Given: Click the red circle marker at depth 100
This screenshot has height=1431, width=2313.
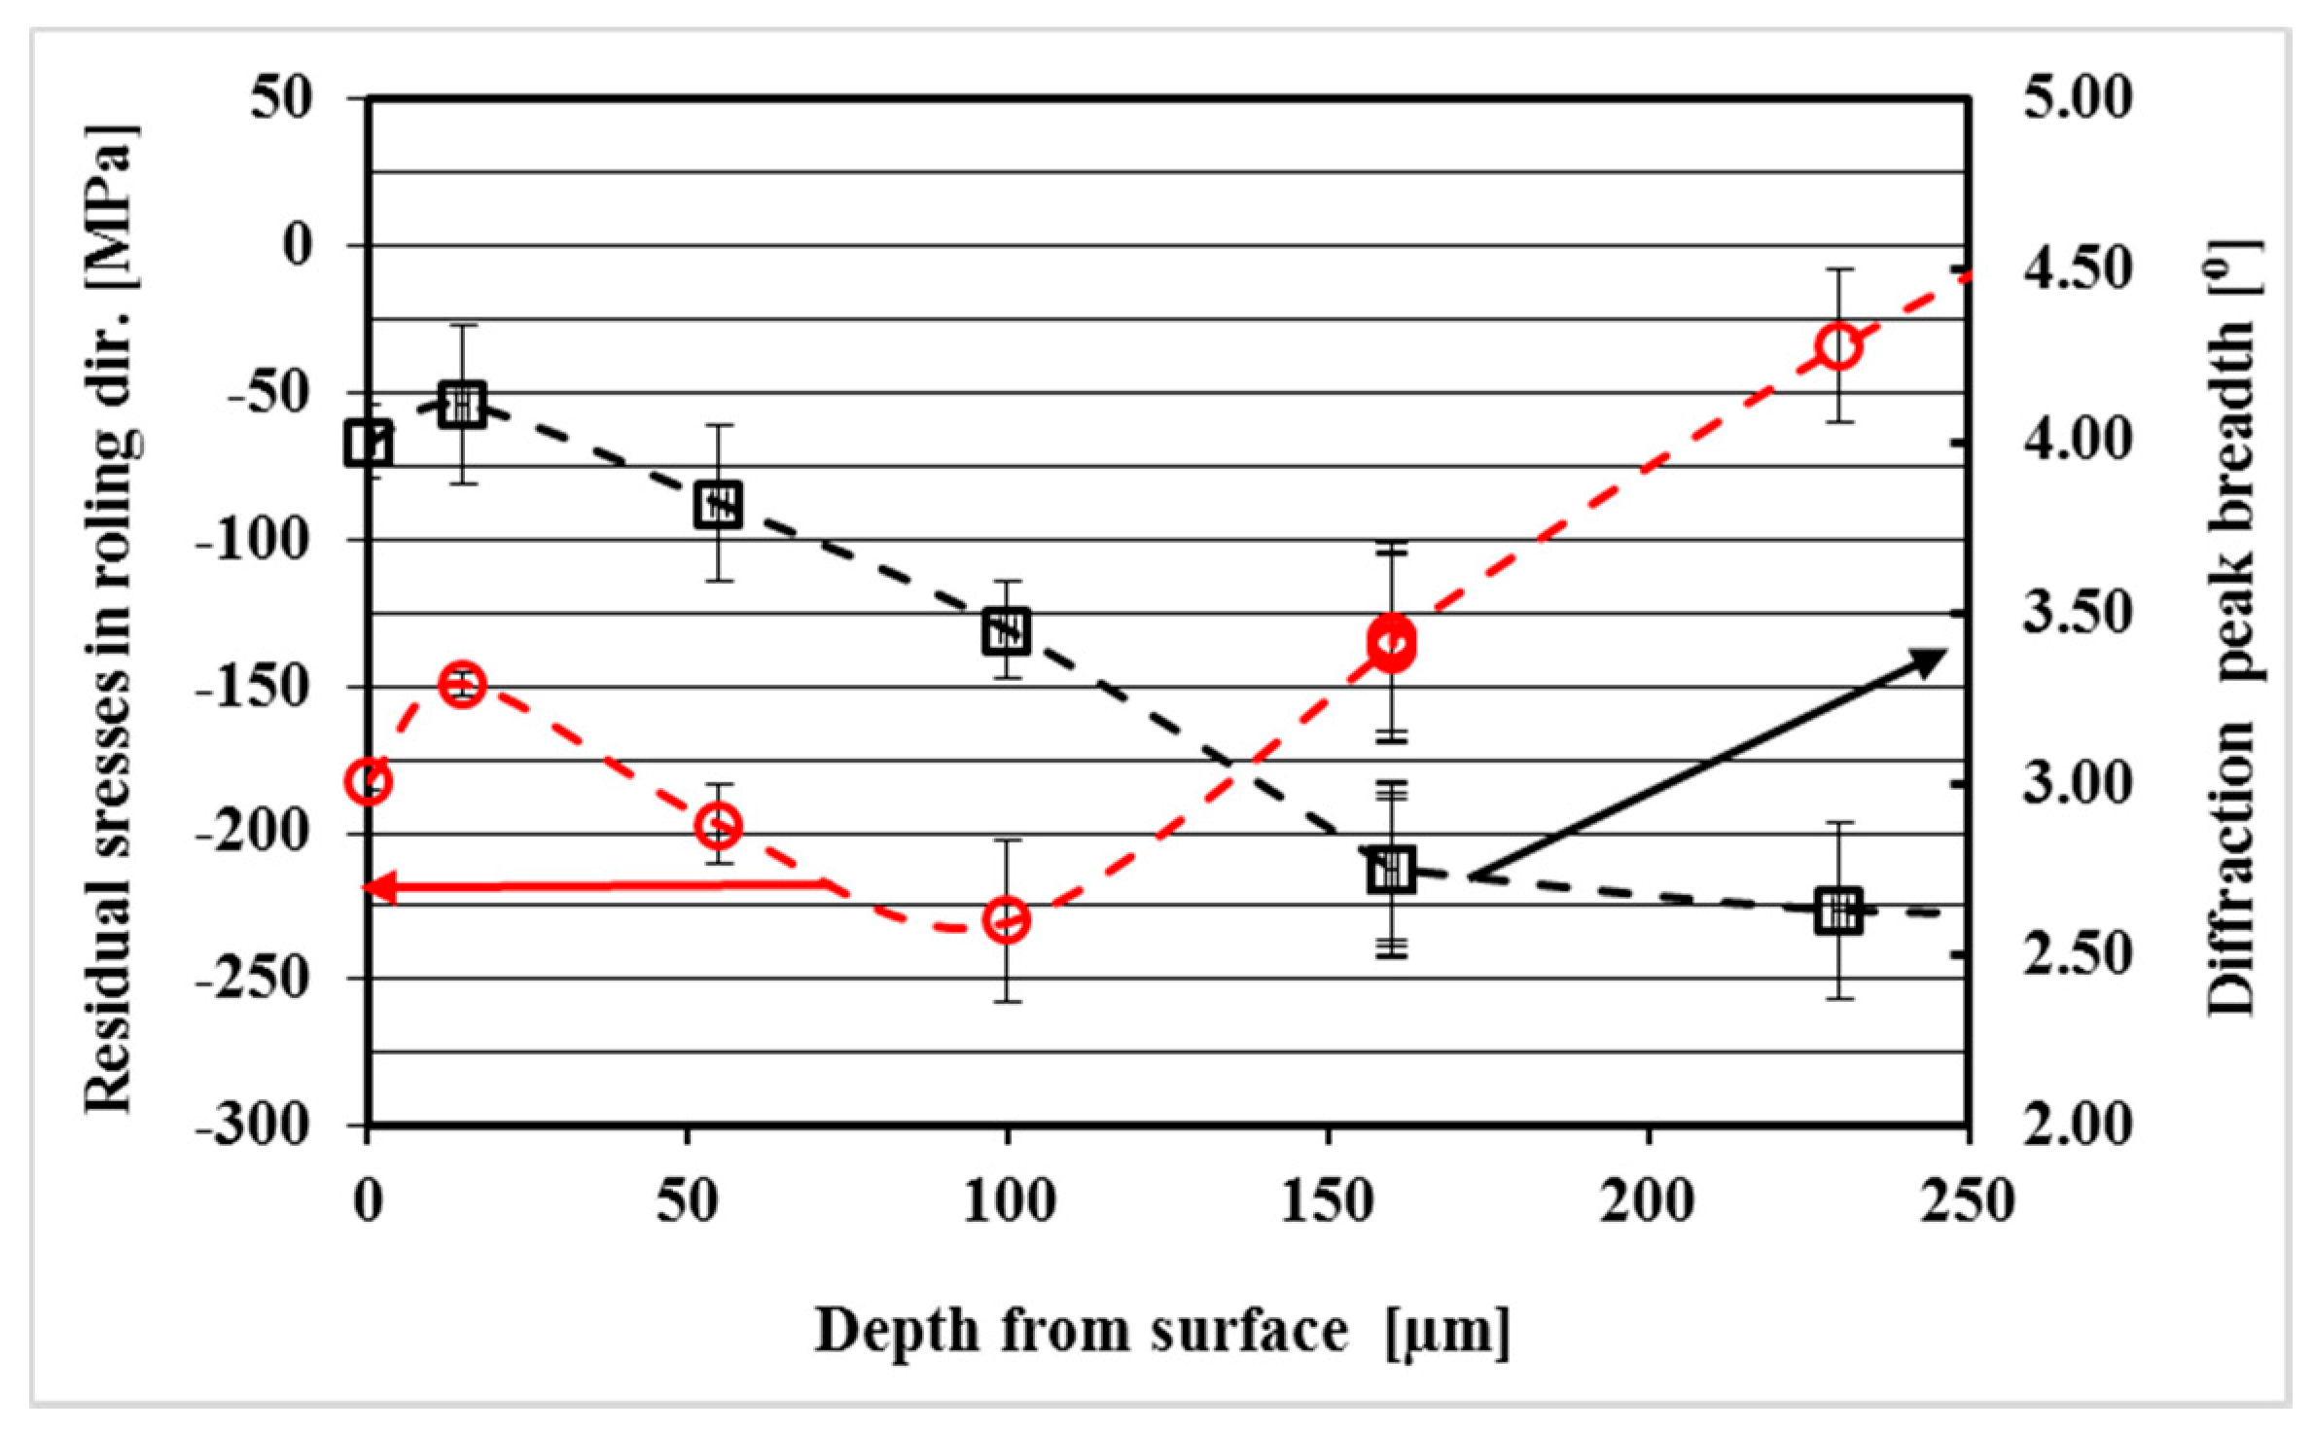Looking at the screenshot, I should [x=1007, y=919].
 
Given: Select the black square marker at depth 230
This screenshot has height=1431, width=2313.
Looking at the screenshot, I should [x=1837, y=911].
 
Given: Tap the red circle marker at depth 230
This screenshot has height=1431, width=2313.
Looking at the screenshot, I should [x=1837, y=346].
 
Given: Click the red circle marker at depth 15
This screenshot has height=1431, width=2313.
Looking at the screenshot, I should [x=462, y=685].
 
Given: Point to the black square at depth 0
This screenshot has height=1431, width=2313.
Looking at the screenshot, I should [x=369, y=443].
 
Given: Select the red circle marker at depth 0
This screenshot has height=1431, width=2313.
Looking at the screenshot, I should [x=369, y=780].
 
